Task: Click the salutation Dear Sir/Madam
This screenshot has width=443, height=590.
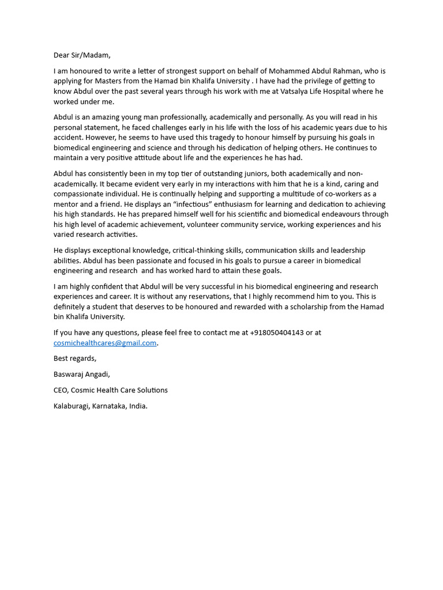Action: pos(82,55)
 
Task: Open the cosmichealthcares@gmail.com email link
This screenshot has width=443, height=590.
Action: pos(105,343)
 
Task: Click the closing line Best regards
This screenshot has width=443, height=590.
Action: pos(75,358)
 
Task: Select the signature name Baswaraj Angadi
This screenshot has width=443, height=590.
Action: pos(81,374)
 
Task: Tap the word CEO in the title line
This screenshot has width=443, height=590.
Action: pos(61,390)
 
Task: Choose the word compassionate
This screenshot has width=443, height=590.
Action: pos(80,194)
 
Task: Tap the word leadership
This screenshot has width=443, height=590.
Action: pos(347,250)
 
